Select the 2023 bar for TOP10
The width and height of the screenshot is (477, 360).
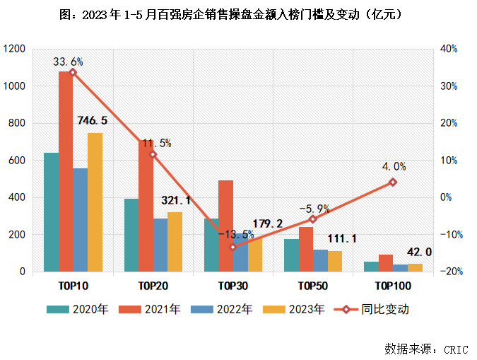[95, 202]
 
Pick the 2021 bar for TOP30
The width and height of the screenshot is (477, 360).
[225, 226]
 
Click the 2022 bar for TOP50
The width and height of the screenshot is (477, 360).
[320, 260]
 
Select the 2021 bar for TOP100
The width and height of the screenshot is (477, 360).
[386, 263]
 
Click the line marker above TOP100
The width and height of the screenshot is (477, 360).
[393, 182]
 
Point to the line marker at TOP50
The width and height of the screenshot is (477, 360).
[313, 219]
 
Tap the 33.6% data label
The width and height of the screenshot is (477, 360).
[68, 62]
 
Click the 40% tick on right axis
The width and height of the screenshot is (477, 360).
[449, 49]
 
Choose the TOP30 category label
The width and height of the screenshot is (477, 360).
[232, 286]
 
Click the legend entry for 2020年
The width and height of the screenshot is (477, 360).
[90, 309]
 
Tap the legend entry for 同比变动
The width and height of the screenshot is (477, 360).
[384, 309]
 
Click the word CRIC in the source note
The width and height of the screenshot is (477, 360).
[457, 349]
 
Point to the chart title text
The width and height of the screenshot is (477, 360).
[237, 14]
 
